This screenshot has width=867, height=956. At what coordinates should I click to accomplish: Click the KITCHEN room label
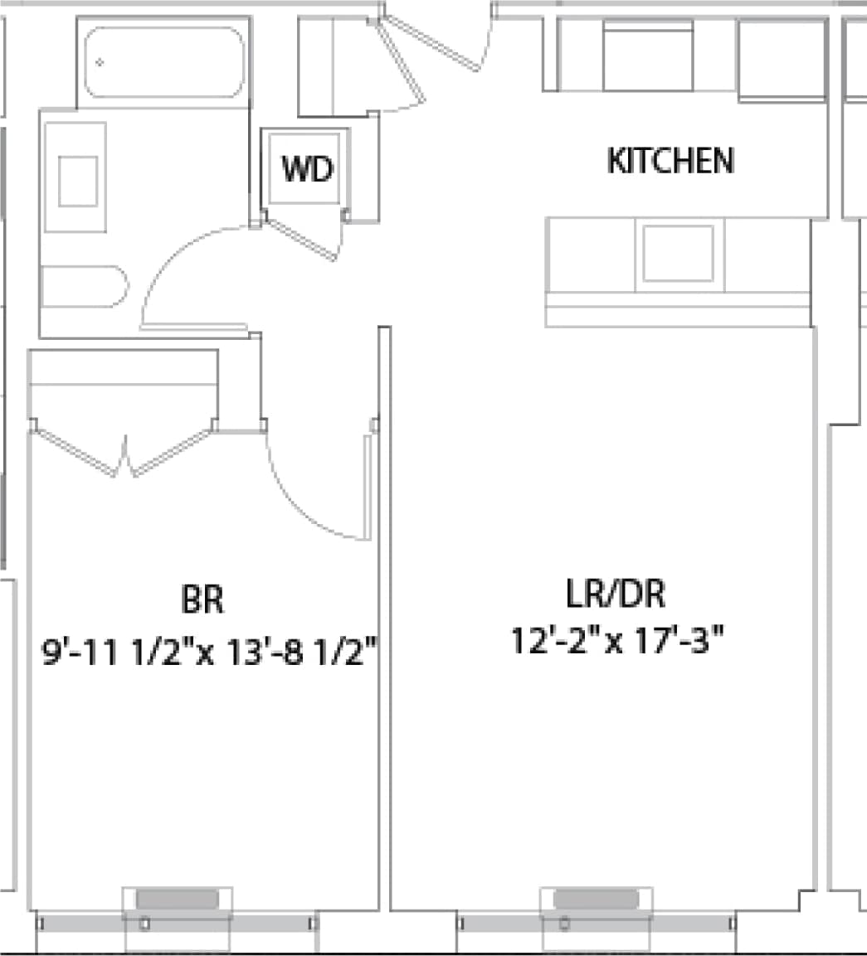pyautogui.click(x=670, y=161)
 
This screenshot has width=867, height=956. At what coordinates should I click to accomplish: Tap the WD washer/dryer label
pyautogui.click(x=307, y=169)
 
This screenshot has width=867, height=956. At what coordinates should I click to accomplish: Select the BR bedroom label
pyautogui.click(x=202, y=599)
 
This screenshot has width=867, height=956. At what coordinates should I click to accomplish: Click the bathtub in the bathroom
pyautogui.click(x=164, y=62)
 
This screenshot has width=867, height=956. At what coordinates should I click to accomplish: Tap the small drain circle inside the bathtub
pyautogui.click(x=100, y=62)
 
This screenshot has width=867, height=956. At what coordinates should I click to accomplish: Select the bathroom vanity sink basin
pyautogui.click(x=77, y=180)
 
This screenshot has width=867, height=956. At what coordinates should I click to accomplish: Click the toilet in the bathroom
pyautogui.click(x=83, y=287)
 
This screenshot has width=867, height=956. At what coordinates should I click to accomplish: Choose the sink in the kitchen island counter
pyautogui.click(x=678, y=253)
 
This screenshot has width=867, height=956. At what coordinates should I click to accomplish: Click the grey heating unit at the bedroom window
pyautogui.click(x=177, y=899)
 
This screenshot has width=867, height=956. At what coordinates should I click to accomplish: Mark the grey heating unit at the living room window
pyautogui.click(x=596, y=899)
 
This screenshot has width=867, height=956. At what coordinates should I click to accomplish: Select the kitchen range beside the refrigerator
pyautogui.click(x=647, y=56)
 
